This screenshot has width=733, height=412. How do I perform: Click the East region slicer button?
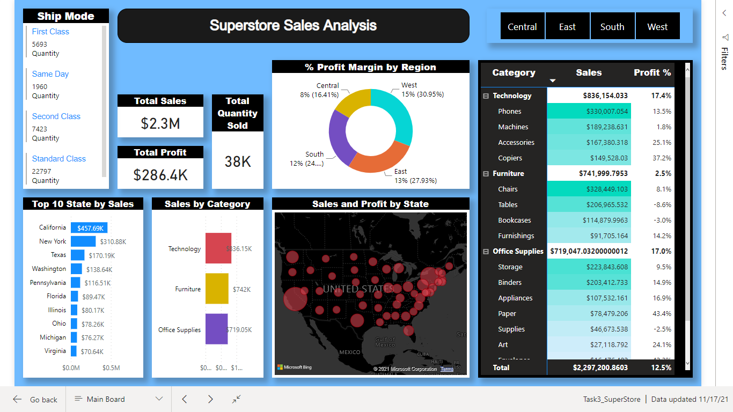[x=567, y=27]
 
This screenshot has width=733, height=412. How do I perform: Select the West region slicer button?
[x=657, y=27]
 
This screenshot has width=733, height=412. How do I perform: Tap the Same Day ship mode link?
[x=50, y=74]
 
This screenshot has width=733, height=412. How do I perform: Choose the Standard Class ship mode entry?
[x=59, y=159]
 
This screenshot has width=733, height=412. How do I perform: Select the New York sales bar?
[x=83, y=241]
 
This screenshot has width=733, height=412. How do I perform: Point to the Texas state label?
[x=58, y=255]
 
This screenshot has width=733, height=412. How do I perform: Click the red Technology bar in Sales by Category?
[x=218, y=248]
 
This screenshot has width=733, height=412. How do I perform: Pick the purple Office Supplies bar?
[x=216, y=329]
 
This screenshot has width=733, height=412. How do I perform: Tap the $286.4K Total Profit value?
[x=160, y=175]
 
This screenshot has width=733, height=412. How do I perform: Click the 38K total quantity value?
[x=237, y=161]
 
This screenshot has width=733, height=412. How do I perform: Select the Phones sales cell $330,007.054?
[x=589, y=112]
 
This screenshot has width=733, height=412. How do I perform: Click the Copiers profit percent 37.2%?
[x=662, y=158]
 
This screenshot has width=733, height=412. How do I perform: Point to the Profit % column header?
[x=652, y=73]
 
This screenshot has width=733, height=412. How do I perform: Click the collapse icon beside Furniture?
[x=486, y=174]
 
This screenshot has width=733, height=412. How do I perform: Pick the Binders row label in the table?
[x=510, y=283]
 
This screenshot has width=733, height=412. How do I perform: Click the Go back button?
[x=35, y=400]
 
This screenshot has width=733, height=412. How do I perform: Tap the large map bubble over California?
[x=295, y=299]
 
